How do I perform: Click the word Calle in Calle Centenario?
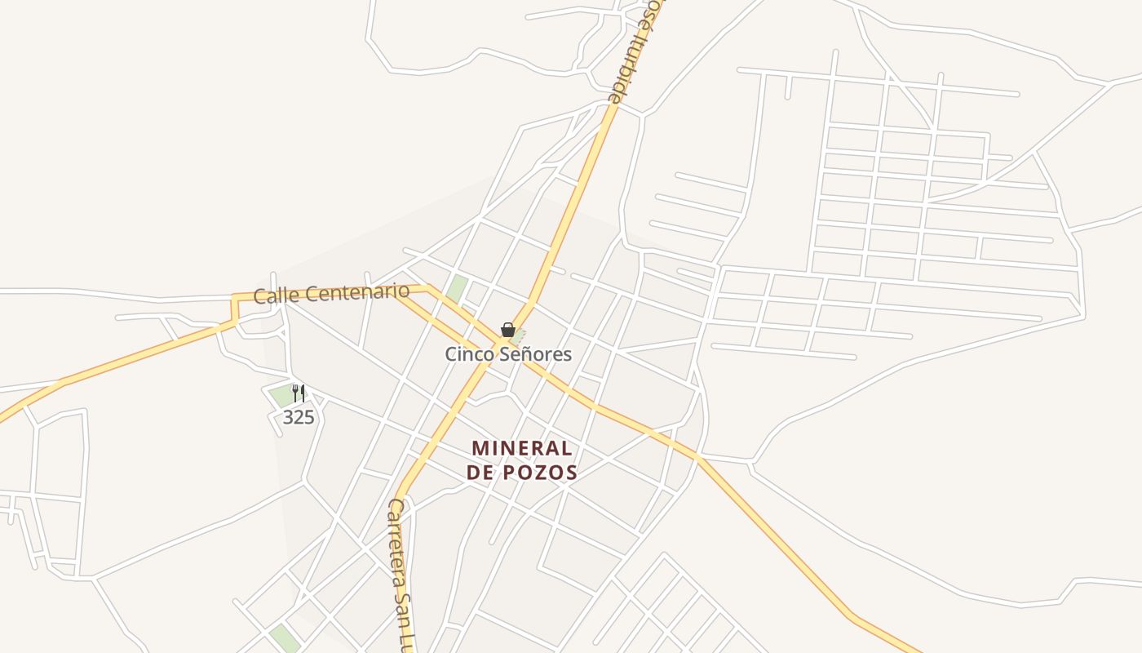(x=271, y=295)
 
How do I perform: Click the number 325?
(x=299, y=417)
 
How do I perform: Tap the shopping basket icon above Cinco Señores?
(x=507, y=330)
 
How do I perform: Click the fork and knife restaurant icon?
(x=299, y=393)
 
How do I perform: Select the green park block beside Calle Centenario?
(x=457, y=287)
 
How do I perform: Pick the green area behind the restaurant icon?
(x=282, y=395)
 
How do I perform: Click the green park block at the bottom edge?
(x=285, y=638)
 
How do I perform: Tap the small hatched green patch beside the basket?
(x=518, y=335)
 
